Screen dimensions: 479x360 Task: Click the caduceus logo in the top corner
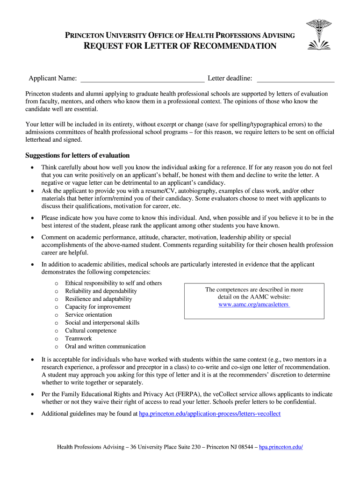tap(318, 34)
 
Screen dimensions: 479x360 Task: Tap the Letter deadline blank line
tap(295, 78)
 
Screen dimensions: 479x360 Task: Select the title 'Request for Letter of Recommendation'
tap(180, 46)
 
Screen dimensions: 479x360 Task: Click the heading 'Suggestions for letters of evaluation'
tap(77, 155)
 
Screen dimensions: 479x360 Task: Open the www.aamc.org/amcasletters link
tap(254, 305)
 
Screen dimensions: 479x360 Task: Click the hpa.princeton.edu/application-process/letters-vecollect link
tap(210, 414)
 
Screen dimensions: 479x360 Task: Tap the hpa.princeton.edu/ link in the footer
tap(281, 447)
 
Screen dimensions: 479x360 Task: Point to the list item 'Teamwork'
tap(79, 339)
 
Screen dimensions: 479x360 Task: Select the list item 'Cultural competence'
tap(91, 331)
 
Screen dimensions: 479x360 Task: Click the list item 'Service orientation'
tap(88, 315)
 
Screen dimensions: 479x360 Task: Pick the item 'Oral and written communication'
tap(105, 347)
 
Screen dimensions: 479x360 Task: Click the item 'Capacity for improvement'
tap(98, 307)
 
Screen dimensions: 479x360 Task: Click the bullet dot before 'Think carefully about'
tap(31, 167)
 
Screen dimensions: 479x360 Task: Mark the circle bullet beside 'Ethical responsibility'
tap(56, 283)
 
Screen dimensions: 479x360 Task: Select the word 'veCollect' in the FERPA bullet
tap(234, 394)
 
